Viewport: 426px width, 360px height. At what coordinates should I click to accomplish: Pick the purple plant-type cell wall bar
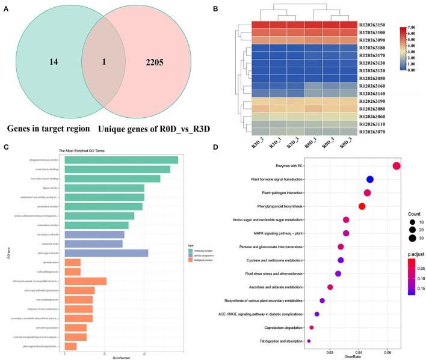pos(106,253)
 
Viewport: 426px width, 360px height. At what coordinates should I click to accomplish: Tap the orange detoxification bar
pos(72,263)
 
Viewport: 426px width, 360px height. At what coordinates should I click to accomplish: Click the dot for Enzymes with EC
pos(396,166)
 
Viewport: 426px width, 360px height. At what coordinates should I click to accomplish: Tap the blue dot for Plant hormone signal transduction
pos(369,180)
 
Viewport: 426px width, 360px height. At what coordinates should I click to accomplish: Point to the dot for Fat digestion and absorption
pos(309,341)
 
